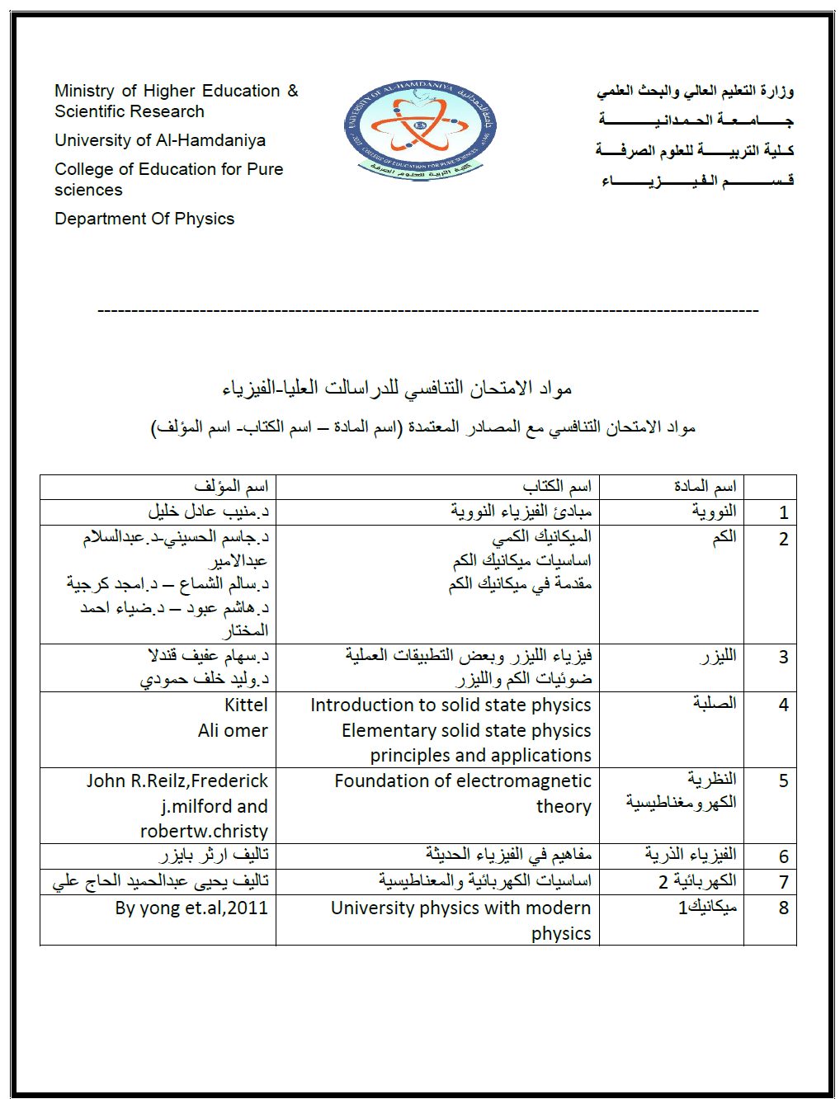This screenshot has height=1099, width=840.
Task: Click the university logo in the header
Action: click(420, 127)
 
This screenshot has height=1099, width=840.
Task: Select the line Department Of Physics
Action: click(144, 219)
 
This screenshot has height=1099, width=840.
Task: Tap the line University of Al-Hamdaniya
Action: click(160, 140)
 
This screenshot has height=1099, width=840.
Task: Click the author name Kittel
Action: click(246, 705)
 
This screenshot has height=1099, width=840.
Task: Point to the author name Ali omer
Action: click(233, 730)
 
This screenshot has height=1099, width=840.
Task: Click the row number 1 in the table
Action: click(784, 512)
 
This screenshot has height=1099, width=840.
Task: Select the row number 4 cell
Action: click(784, 705)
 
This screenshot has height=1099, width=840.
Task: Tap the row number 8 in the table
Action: click(784, 908)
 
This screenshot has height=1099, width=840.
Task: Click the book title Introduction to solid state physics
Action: click(451, 705)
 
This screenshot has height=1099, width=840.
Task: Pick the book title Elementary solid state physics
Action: click(466, 730)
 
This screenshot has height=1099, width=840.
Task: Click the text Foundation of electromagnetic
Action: click(462, 781)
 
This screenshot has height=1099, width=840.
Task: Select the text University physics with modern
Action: click(460, 908)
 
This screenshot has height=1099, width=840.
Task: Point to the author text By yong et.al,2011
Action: click(191, 908)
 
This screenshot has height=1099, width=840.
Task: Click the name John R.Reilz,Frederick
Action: click(177, 781)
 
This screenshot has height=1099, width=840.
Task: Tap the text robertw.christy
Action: click(204, 831)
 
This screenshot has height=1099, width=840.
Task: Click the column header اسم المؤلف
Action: click(231, 486)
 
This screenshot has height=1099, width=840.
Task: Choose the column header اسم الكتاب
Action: click(557, 486)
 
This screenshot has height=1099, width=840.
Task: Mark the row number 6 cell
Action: click(784, 856)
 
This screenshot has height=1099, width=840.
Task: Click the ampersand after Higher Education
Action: click(292, 91)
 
